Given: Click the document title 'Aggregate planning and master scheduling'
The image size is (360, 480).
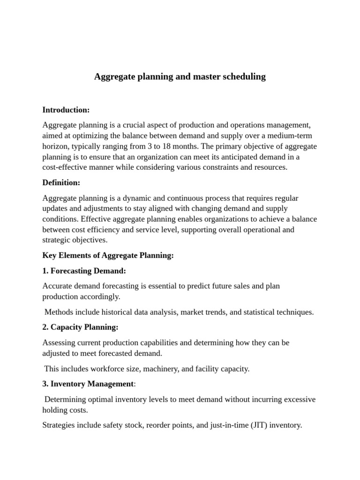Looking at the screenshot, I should [x=180, y=76].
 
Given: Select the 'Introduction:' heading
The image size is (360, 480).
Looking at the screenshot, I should [x=66, y=110].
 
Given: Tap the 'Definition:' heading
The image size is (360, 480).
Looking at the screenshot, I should [x=61, y=182].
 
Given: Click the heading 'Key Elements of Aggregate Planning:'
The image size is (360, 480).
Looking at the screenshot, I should [x=108, y=255].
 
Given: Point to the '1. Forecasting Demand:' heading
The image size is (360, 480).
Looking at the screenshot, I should [x=84, y=270].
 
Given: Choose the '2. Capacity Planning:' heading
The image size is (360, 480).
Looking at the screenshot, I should [x=80, y=327].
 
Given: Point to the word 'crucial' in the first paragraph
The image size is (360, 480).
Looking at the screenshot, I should [x=125, y=125].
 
